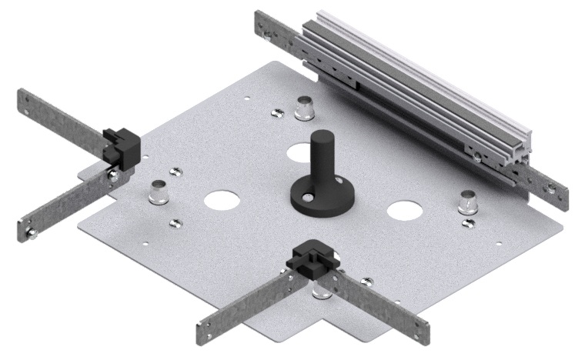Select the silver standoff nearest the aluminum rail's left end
[x=304, y=110]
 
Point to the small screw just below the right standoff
[x=468, y=222]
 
